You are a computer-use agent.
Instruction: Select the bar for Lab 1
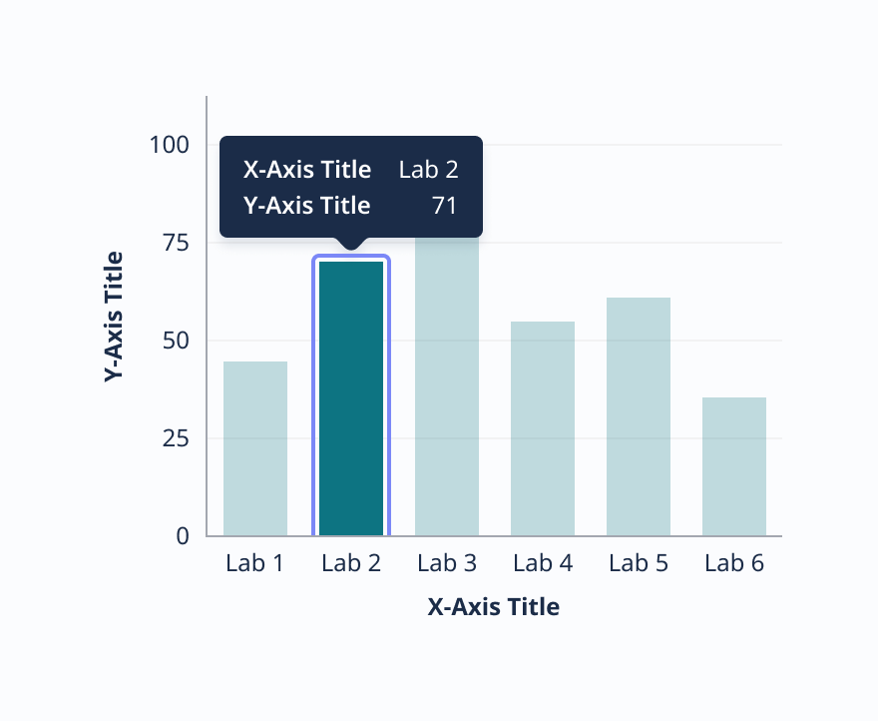(x=255, y=448)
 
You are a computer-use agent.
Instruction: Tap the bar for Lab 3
(x=447, y=389)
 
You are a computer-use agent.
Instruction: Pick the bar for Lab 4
(x=543, y=428)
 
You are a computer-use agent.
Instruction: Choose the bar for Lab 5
(x=639, y=416)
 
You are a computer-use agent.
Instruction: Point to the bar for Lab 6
(x=734, y=466)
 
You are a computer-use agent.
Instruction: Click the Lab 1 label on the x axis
(x=255, y=563)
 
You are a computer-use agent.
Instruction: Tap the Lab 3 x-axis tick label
(x=447, y=563)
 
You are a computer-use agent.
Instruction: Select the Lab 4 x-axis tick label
(x=543, y=563)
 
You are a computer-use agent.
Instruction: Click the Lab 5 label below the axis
(x=639, y=563)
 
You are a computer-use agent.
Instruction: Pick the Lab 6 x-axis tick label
(x=734, y=563)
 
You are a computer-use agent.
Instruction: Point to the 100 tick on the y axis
(x=170, y=145)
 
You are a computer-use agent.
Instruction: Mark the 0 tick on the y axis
(x=183, y=536)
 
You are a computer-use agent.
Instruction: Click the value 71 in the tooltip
(x=444, y=206)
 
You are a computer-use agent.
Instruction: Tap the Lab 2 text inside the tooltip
(x=428, y=170)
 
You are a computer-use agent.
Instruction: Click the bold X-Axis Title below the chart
(x=494, y=606)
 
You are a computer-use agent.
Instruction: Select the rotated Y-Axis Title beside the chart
(x=115, y=318)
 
